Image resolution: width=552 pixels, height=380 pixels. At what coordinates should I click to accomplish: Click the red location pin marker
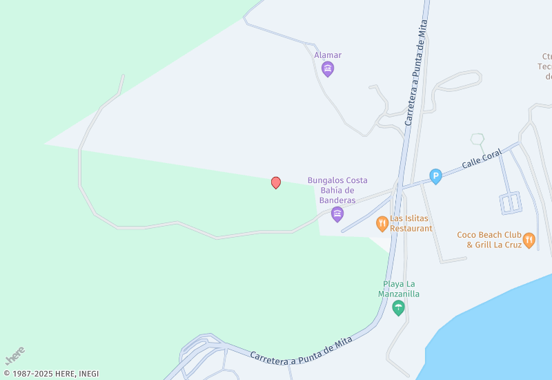276,182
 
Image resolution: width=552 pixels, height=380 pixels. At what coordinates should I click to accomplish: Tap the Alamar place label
328,55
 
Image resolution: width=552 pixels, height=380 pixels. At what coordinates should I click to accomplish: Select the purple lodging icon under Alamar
328,68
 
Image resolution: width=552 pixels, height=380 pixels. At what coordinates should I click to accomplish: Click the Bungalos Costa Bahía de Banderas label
337,190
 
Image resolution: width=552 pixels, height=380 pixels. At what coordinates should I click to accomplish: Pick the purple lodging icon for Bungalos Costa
337,214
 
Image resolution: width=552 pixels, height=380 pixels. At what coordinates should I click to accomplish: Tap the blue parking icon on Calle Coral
435,177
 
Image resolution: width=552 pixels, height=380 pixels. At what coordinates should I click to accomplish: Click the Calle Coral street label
482,160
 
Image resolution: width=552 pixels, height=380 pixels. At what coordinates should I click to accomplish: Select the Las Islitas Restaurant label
411,223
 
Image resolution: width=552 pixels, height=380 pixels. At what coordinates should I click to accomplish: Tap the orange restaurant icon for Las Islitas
382,223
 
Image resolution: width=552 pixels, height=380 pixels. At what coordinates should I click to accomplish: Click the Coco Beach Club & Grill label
489,239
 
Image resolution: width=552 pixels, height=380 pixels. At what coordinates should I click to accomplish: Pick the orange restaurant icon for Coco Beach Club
529,240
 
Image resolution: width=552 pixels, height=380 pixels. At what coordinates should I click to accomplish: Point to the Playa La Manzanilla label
398,289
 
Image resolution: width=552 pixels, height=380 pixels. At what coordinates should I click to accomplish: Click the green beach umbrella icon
398,308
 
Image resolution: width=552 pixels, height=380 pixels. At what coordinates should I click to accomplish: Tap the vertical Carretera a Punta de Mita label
416,73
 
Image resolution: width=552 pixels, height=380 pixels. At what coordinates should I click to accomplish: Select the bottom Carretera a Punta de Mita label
301,350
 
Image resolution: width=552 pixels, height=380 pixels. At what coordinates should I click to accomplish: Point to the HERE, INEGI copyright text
51,374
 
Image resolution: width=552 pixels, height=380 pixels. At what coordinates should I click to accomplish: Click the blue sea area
497,332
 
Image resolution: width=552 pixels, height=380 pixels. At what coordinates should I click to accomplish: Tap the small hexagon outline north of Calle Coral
477,139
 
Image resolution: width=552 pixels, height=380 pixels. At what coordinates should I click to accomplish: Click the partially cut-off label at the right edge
546,66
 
